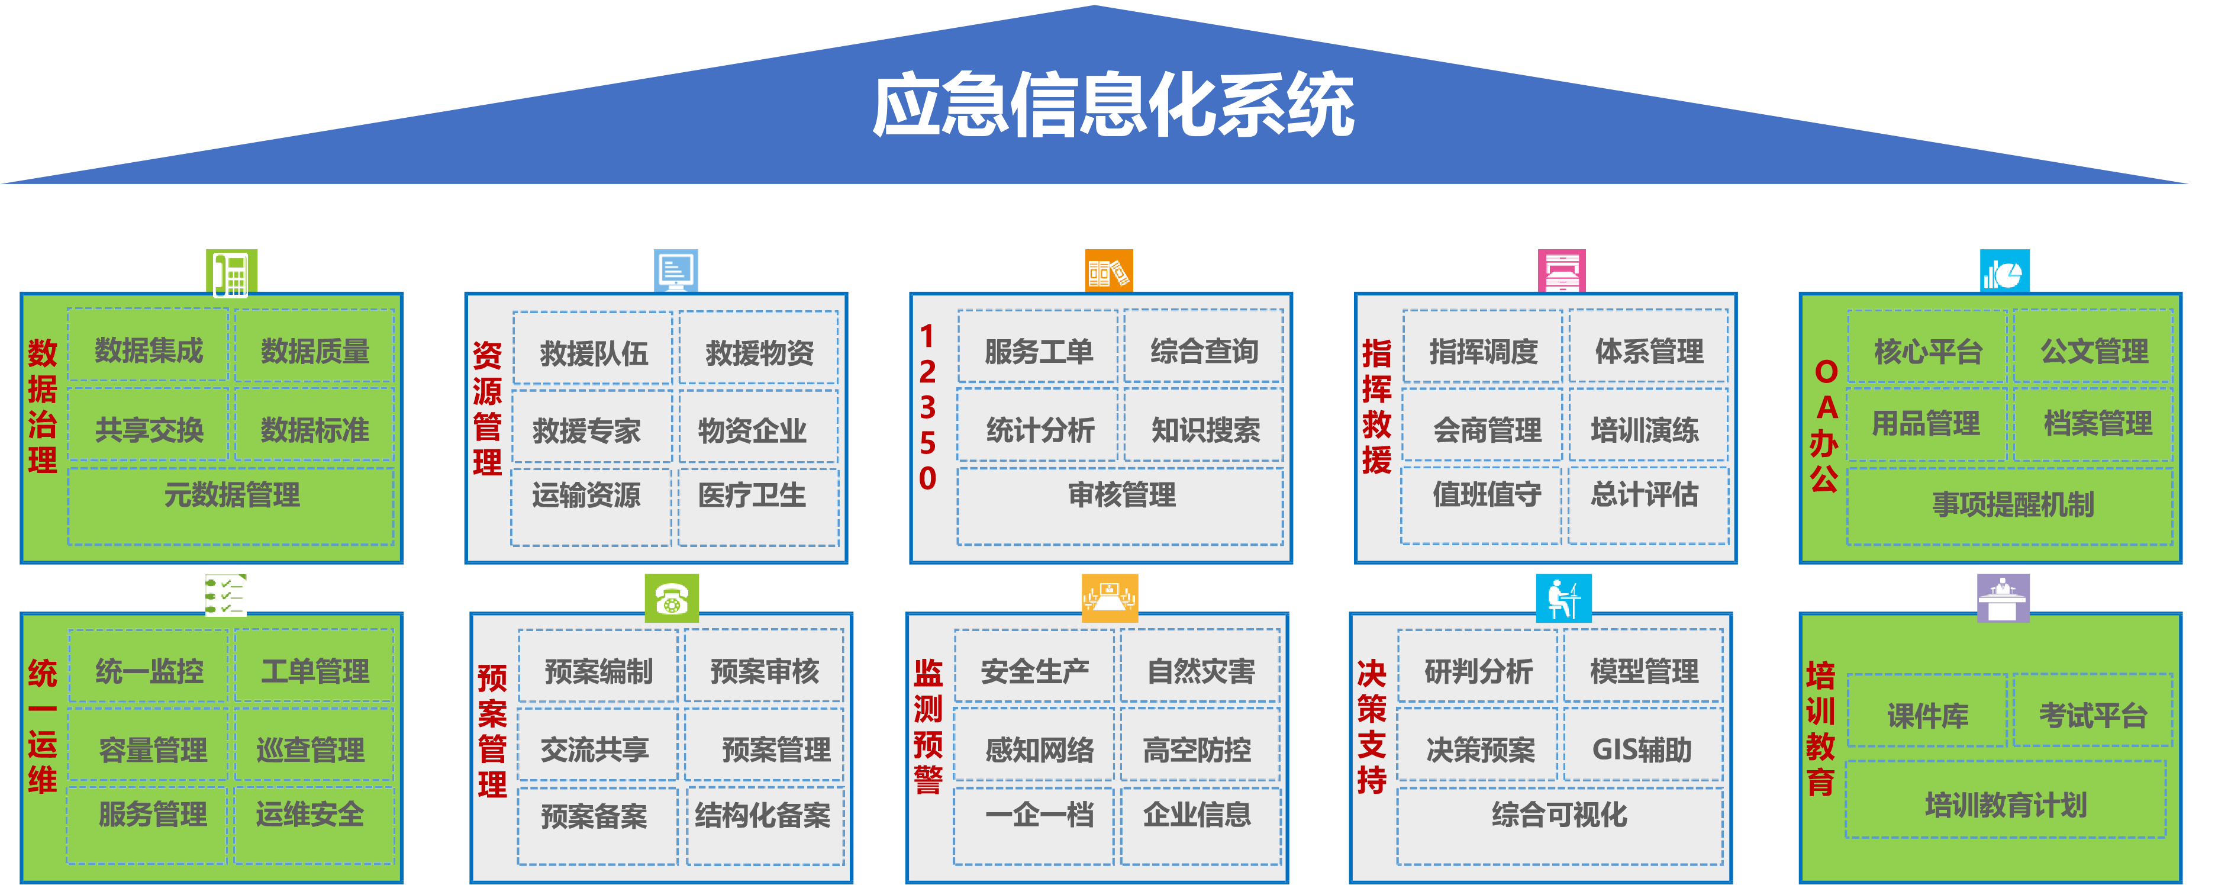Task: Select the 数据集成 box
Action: click(148, 350)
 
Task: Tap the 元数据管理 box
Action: click(231, 496)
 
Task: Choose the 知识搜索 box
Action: click(1205, 430)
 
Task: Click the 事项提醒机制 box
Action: click(2012, 505)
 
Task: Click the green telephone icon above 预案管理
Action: click(672, 598)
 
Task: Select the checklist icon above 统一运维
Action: click(225, 595)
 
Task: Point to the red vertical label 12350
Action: click(927, 407)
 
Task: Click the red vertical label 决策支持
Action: click(1372, 728)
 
